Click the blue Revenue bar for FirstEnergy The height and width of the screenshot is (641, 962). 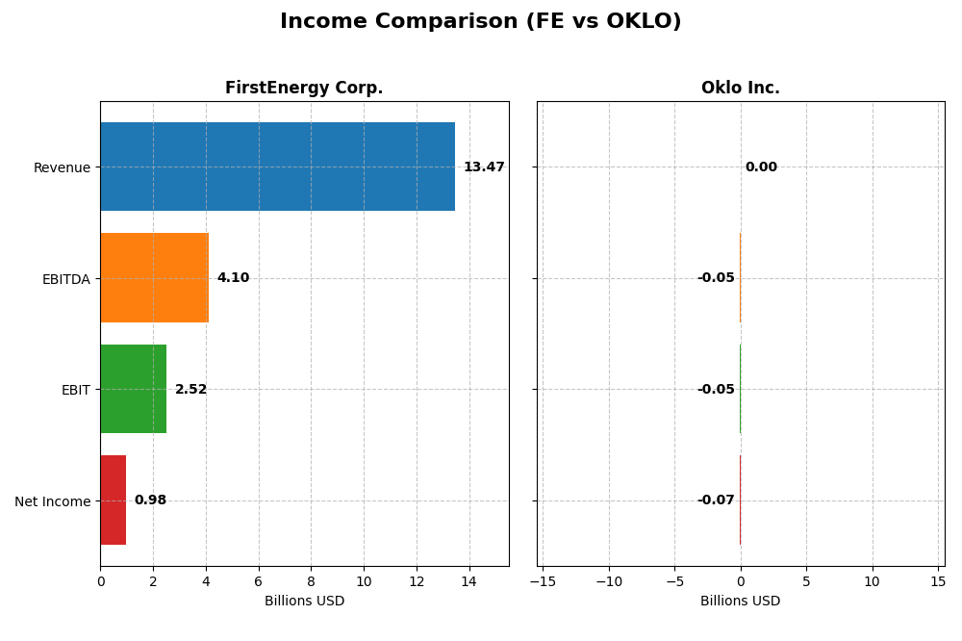click(x=277, y=167)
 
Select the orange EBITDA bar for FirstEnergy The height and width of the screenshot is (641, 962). click(x=154, y=278)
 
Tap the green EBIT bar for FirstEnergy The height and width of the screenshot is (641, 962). click(x=133, y=389)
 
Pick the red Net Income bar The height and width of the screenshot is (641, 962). click(x=113, y=500)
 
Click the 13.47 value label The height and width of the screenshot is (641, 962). click(x=484, y=167)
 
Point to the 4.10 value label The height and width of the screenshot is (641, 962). click(x=233, y=278)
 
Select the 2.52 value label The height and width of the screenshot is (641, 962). click(x=190, y=390)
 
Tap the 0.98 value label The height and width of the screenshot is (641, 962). click(x=150, y=500)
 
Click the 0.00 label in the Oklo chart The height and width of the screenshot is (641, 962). click(x=761, y=167)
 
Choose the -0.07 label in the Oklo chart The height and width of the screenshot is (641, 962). click(x=716, y=500)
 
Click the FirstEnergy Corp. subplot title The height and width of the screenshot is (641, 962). click(x=304, y=89)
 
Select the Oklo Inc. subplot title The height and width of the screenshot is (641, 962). click(x=740, y=89)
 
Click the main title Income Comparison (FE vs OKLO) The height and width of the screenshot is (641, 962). click(x=480, y=21)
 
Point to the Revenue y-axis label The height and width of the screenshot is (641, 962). click(x=62, y=167)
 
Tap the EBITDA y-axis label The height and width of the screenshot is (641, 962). click(x=65, y=279)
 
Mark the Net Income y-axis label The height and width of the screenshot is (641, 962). click(x=52, y=501)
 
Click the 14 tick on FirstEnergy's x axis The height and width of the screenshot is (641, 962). click(x=468, y=581)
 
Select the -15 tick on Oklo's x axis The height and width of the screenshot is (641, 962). click(x=543, y=581)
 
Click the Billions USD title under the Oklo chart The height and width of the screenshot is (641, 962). click(x=740, y=602)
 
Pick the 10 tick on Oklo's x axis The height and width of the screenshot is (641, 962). click(x=872, y=581)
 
